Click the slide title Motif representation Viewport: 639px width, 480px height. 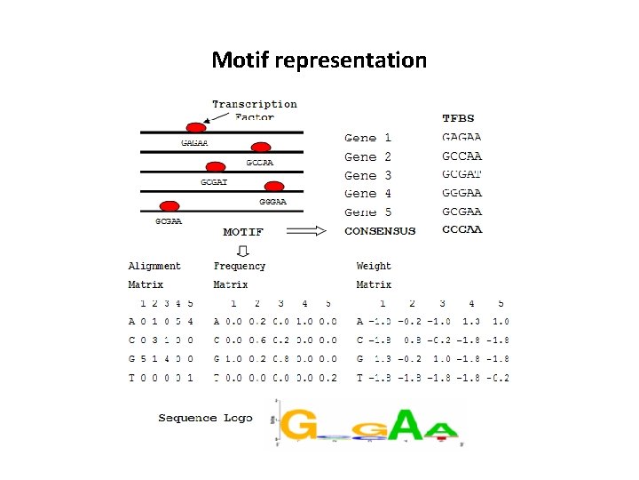(319, 60)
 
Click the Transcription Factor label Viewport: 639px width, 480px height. (255, 110)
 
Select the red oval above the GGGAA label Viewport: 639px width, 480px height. (274, 187)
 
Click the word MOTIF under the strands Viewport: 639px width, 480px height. (243, 231)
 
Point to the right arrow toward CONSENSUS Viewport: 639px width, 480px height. (307, 231)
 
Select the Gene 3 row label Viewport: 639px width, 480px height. (368, 175)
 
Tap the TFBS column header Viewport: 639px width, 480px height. (458, 118)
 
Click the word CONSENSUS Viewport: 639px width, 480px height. (380, 231)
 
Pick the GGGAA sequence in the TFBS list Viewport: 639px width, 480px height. (461, 193)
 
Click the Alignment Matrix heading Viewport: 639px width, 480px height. (154, 275)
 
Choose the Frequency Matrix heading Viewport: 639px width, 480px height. (239, 275)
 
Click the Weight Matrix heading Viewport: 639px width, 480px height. (374, 275)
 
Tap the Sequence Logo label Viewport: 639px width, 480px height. (205, 418)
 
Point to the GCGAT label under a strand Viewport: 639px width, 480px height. (214, 182)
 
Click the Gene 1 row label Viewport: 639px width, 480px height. (368, 138)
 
